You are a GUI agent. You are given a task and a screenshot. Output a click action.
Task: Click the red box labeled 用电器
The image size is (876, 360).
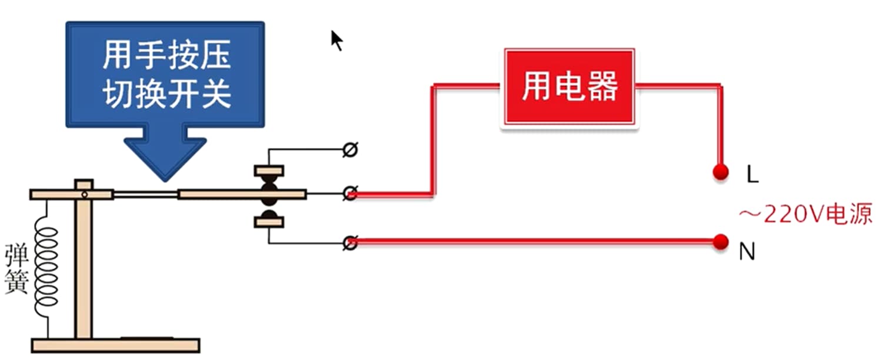click(x=569, y=88)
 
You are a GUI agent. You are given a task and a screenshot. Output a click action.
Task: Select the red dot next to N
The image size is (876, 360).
click(x=719, y=241)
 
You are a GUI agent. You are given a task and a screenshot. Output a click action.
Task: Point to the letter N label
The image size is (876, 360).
click(x=747, y=252)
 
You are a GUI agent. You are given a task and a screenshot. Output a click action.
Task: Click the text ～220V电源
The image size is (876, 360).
click(x=805, y=214)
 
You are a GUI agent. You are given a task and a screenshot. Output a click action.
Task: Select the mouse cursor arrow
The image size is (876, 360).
click(x=336, y=41)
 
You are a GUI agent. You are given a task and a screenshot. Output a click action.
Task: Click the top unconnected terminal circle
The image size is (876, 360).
click(x=350, y=151)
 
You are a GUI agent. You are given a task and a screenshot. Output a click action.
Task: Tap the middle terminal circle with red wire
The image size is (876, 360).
click(x=350, y=193)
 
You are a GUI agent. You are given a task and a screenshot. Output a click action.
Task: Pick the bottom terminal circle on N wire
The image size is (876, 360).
click(x=351, y=242)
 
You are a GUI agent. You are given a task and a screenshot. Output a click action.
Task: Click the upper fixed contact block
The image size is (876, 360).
click(x=269, y=171)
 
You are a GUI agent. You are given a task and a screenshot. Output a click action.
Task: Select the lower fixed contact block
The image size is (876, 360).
click(x=269, y=222)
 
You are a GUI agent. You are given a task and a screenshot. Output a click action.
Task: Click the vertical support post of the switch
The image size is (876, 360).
click(x=84, y=265)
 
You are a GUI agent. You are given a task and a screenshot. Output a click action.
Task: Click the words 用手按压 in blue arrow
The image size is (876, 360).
click(x=166, y=56)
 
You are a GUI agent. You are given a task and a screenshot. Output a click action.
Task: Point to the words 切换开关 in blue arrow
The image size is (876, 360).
click(x=166, y=95)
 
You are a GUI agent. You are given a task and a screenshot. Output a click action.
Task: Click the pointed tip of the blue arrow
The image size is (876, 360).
click(x=165, y=176)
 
